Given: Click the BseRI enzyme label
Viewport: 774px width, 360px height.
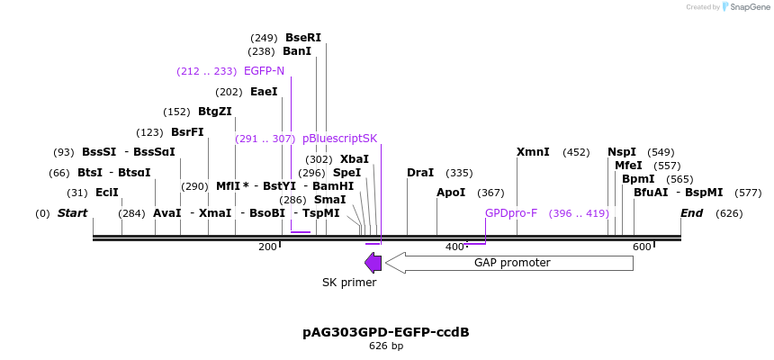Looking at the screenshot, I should click(x=302, y=38).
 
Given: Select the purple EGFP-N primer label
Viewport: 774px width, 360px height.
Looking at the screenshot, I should click(x=264, y=71).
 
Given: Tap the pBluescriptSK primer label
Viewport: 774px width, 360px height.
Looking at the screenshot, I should click(x=339, y=139).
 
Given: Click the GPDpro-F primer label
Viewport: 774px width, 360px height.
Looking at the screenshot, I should click(x=511, y=213).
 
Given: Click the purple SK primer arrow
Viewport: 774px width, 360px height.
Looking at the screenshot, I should click(x=373, y=263).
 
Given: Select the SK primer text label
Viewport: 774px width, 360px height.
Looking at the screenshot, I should click(x=349, y=283).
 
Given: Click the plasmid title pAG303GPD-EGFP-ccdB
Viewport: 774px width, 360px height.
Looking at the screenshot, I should click(x=386, y=332).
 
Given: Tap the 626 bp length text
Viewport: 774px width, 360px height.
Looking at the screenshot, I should click(x=386, y=346).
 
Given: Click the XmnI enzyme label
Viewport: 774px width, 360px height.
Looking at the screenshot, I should click(x=533, y=152).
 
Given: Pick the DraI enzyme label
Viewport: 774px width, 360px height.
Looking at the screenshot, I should click(x=420, y=173).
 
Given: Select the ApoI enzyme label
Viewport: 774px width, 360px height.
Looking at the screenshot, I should click(x=451, y=193).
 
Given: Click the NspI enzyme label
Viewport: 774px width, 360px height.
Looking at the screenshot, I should click(x=622, y=152).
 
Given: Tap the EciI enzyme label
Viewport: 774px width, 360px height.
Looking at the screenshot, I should click(x=107, y=193).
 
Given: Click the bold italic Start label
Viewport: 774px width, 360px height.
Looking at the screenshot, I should click(x=72, y=213).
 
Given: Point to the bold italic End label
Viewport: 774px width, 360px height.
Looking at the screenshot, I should click(x=691, y=213).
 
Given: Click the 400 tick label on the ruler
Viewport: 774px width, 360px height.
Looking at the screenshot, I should click(x=454, y=247).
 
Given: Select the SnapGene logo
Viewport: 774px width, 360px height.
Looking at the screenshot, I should click(x=742, y=7).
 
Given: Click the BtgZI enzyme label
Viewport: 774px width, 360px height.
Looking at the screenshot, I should click(x=215, y=112).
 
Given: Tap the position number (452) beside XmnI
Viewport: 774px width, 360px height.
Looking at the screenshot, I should click(x=576, y=152).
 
